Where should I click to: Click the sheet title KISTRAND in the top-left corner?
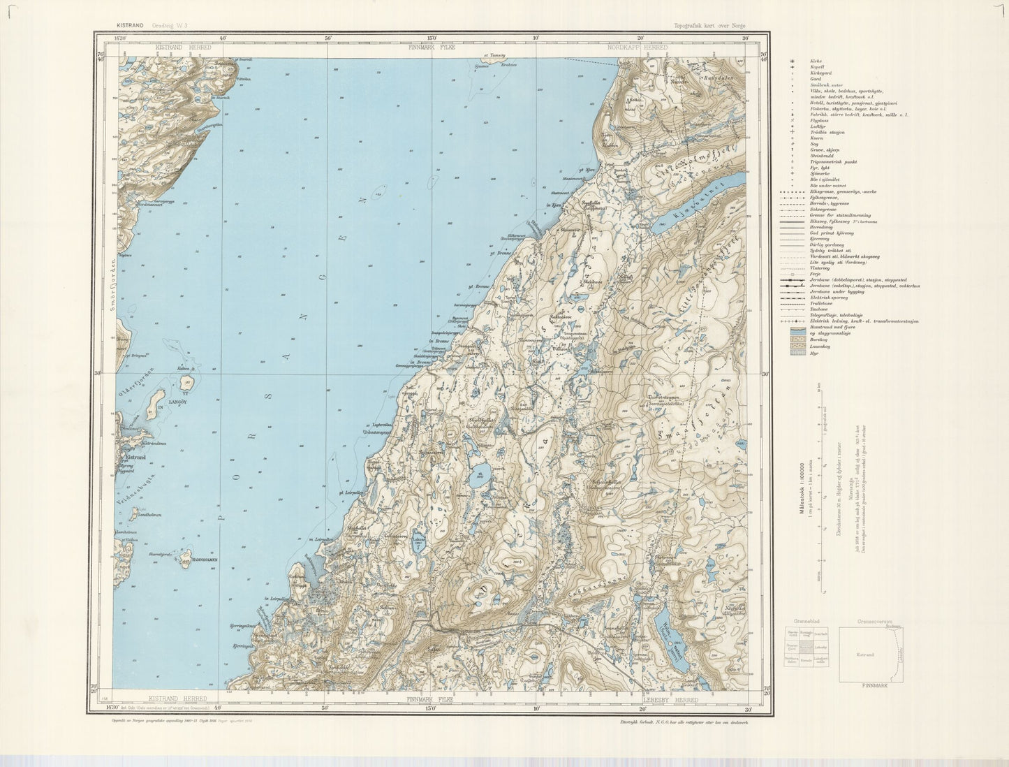pyautogui.click(x=131, y=26)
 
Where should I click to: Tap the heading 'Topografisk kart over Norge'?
pyautogui.click(x=710, y=26)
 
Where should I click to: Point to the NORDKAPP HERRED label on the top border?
pyautogui.click(x=637, y=48)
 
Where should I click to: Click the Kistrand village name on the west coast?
pyautogui.click(x=133, y=456)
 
